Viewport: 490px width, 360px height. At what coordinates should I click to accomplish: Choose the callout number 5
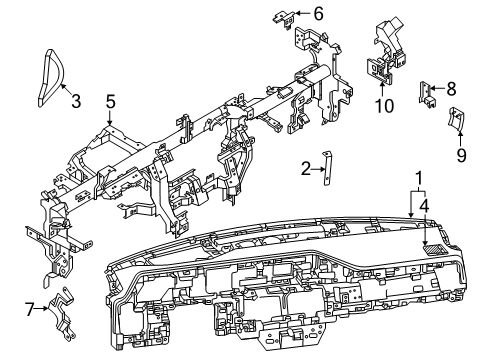point(111,100)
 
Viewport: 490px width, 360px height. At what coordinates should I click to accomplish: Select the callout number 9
point(461,155)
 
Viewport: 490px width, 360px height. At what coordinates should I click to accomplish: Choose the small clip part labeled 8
point(427,92)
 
